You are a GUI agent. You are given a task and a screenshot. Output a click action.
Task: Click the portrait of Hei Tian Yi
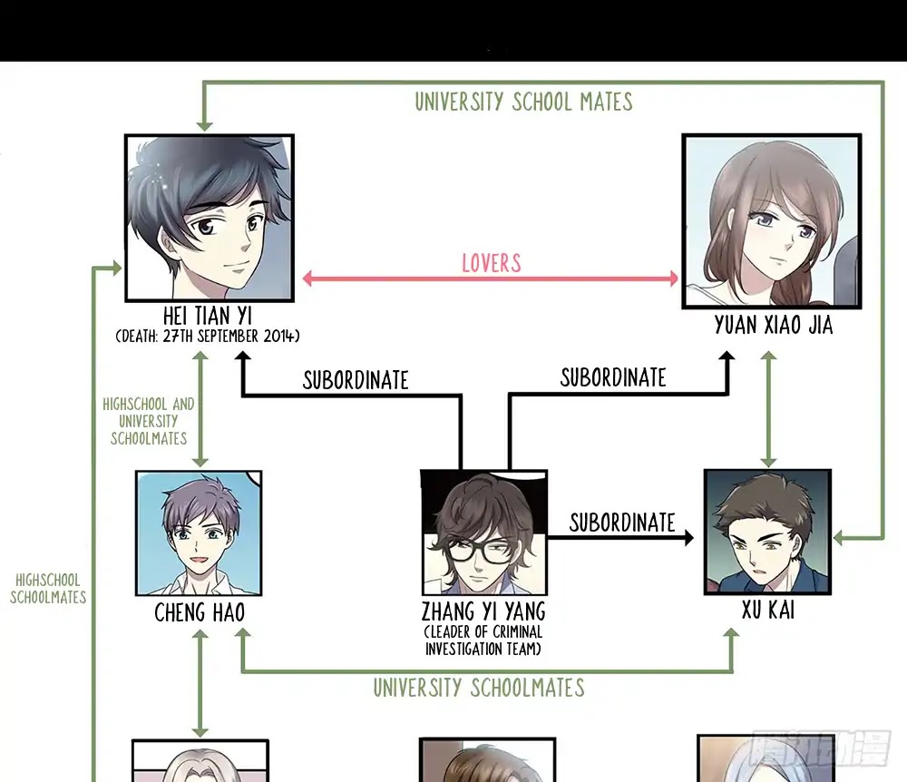(210, 218)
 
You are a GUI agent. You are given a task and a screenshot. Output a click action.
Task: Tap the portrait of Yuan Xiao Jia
(772, 221)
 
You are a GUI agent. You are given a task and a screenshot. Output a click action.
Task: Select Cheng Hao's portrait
(199, 533)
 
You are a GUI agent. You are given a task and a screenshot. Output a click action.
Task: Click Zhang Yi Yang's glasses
(478, 550)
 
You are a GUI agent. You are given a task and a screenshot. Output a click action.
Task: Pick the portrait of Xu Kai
(767, 532)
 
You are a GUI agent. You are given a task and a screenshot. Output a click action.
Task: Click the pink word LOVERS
(491, 263)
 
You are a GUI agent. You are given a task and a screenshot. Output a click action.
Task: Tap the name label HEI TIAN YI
(207, 317)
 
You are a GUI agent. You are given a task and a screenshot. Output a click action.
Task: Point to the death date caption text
(208, 336)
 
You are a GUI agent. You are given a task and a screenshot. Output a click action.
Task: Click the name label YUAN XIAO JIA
(774, 325)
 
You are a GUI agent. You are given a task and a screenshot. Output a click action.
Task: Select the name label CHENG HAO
(200, 612)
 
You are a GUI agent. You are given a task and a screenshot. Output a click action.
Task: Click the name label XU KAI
(768, 610)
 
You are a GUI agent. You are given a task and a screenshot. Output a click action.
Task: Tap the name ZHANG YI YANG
(483, 611)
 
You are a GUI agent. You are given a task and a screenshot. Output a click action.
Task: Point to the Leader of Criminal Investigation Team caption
(483, 640)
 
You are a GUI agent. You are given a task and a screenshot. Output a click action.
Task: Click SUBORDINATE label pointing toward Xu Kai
(622, 523)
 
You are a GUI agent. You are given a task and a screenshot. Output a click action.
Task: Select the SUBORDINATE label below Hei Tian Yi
(356, 380)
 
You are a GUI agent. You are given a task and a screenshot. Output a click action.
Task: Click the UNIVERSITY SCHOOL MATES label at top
(523, 102)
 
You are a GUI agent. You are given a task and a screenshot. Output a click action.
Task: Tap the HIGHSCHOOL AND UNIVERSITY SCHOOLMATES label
(149, 421)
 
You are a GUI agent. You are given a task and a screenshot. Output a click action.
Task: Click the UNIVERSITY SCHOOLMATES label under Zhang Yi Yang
(478, 688)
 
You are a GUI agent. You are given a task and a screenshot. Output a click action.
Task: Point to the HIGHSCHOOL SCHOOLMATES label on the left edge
(48, 589)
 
